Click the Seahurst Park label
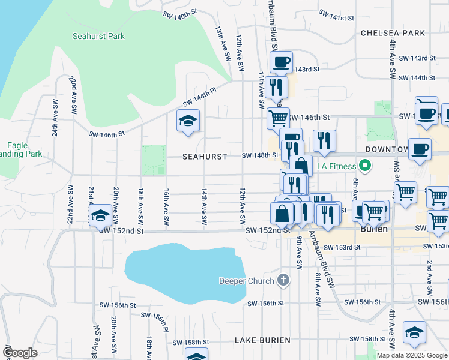98,36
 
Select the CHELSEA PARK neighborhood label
393,33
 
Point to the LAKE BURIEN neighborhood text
262,340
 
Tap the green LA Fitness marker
364,166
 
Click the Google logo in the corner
19,353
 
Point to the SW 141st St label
337,15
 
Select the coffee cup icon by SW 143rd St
281,61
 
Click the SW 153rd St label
342,247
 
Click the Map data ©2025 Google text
412,355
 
